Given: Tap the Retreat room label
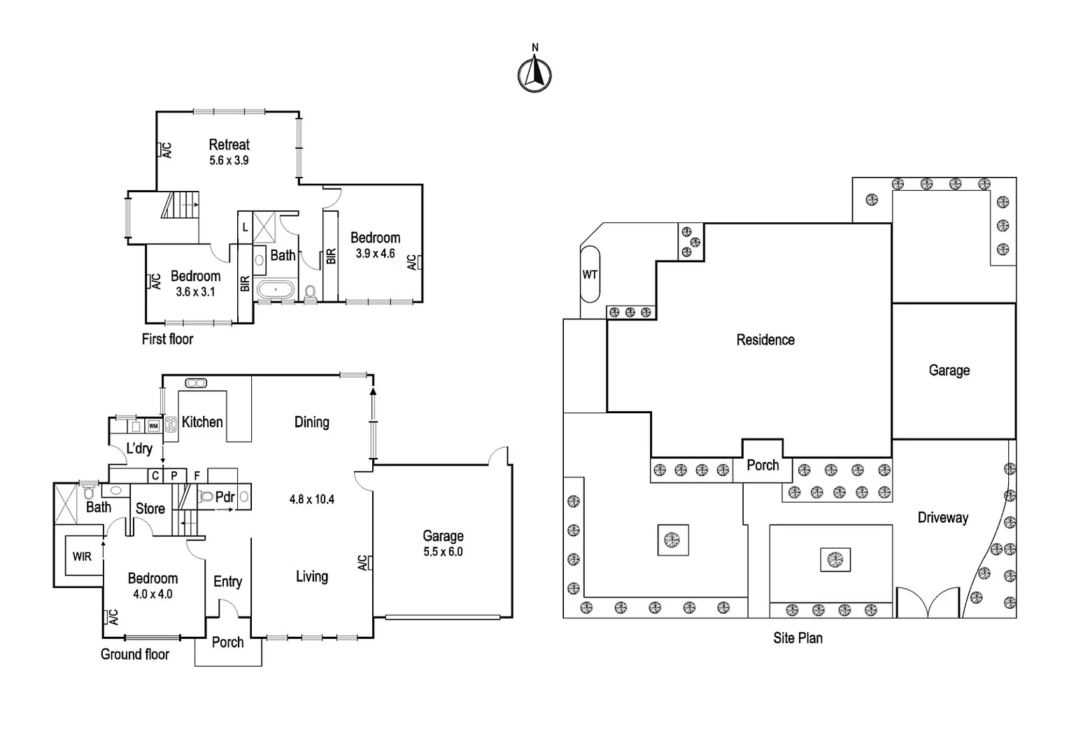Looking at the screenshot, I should coord(229,145).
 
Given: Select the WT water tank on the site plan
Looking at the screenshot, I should coord(590,275).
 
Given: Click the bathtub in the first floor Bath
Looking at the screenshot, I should coord(276,289).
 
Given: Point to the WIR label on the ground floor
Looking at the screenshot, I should coord(82,556).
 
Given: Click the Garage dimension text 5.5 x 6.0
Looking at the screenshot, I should coord(443,552).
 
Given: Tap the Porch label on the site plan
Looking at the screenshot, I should coord(763,465).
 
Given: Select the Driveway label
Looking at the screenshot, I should coord(942,517).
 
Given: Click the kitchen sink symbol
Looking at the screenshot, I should coord(195,382).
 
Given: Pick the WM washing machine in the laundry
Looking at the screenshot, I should coord(153,426).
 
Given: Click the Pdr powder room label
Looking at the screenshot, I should coord(225,497).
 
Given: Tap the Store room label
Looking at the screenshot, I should coord(150,508).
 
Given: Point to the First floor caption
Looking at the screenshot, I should coord(167,339).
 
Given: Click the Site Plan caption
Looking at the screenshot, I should coord(798,638).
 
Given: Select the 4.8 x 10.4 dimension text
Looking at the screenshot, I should coord(311,499).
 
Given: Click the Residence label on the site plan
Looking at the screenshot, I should coord(765,340).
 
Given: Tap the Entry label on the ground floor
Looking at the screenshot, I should coord(227,581).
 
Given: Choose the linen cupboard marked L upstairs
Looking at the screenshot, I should coord(245,227).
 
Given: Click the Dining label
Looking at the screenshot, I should coord(311,422).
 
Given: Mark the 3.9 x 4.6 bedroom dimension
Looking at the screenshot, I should coord(375,254).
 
